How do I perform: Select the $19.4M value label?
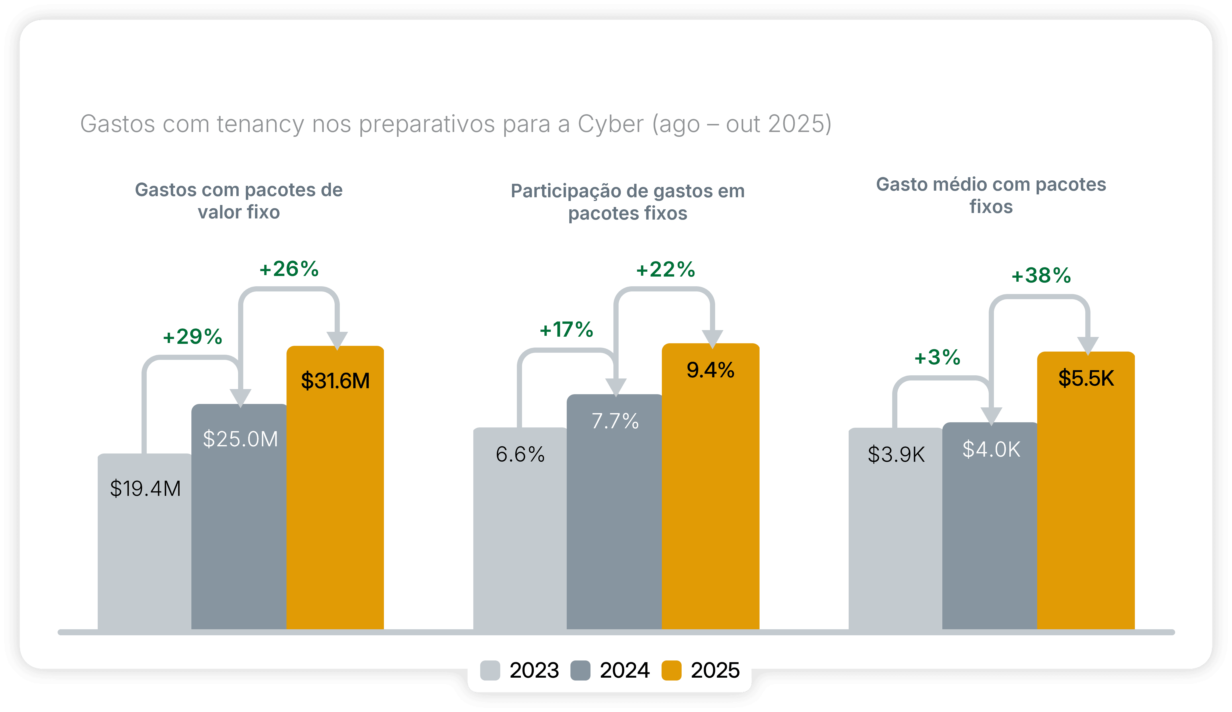[x=145, y=488]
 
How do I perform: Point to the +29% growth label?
[x=193, y=337]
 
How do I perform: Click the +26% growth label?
[x=289, y=269]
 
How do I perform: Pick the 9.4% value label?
[x=710, y=370]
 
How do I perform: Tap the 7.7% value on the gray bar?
[x=615, y=421]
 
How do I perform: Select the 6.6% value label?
[x=520, y=454]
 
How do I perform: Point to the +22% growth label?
[x=665, y=269]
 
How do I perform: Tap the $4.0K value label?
[x=991, y=449]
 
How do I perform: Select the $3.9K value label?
[x=896, y=454]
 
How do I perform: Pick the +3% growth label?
[x=937, y=357]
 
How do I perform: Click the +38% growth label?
[x=1041, y=276]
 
